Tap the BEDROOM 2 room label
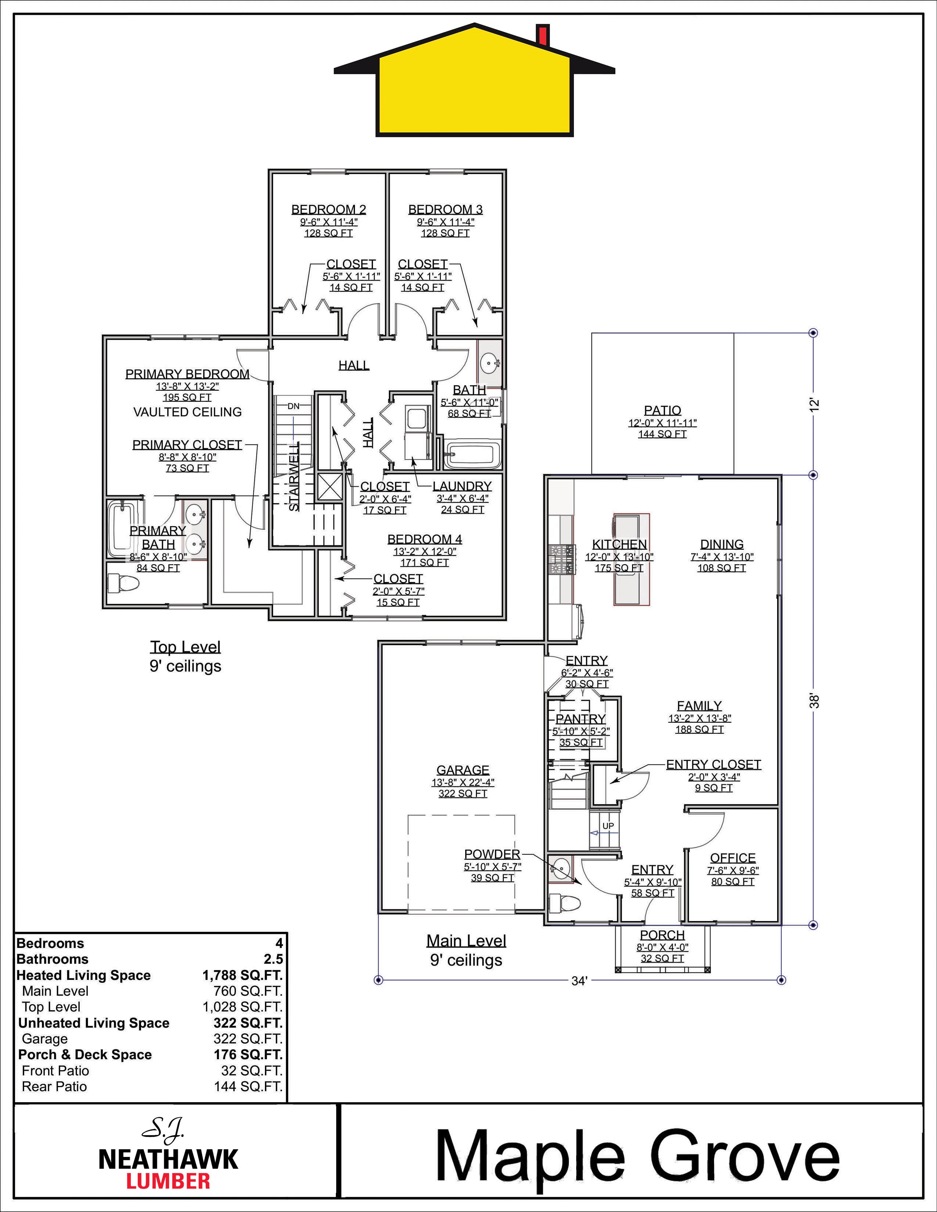point(329,209)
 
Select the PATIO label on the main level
point(662,410)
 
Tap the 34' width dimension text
point(579,981)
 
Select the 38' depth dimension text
point(814,701)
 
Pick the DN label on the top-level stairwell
point(293,406)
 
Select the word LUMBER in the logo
point(168,1181)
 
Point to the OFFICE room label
point(732,858)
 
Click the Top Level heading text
point(186,647)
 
